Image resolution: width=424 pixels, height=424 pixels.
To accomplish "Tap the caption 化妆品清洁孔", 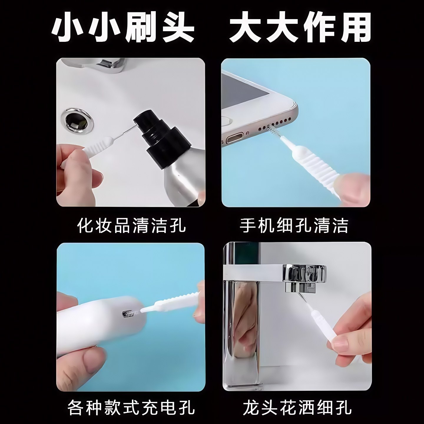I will click(131, 226).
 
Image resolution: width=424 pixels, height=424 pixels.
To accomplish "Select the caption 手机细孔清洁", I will click(294, 226).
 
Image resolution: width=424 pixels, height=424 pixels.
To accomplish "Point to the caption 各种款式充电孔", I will click(131, 408).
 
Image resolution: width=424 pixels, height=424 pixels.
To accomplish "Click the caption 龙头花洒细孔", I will click(297, 408).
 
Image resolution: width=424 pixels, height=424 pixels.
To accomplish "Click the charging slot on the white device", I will click(129, 314).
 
